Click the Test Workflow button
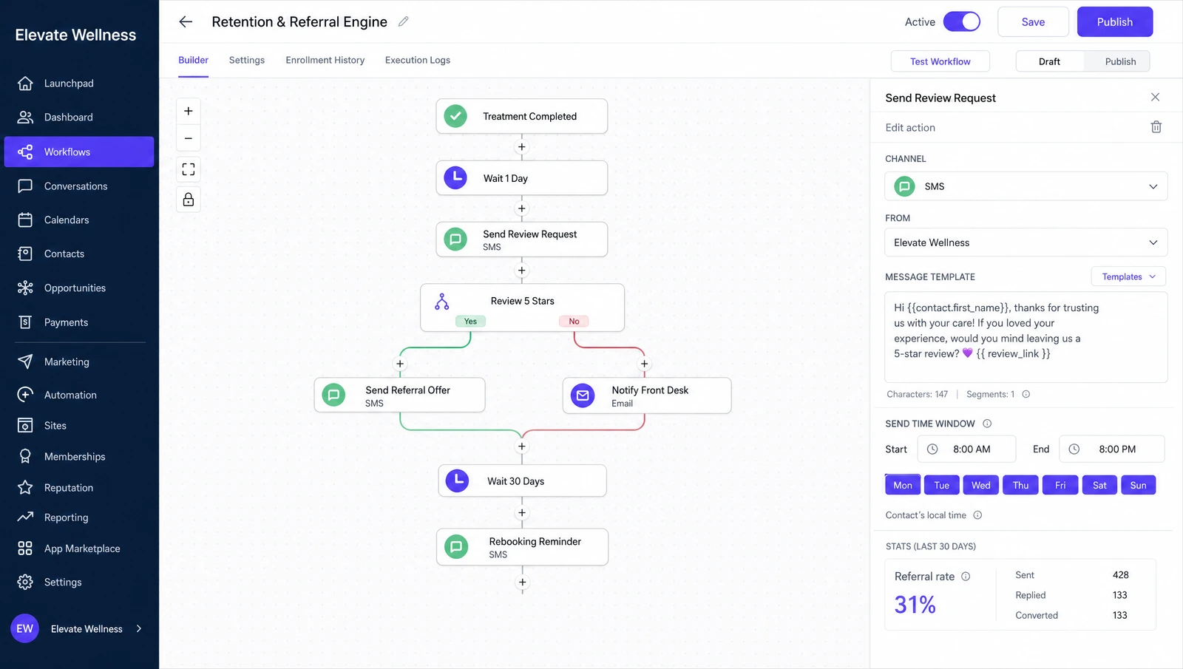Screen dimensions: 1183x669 tap(940, 61)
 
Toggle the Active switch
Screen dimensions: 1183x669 tap(962, 21)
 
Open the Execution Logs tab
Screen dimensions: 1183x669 tap(417, 60)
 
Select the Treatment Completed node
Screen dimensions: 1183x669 tap(522, 116)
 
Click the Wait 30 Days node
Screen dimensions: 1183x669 tap(522, 480)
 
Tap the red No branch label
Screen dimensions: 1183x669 tap(574, 321)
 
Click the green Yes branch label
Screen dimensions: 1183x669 tap(470, 321)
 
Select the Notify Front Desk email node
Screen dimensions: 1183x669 tap(647, 395)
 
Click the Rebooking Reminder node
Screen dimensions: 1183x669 tap(522, 547)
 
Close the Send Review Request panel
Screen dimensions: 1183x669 tap(1155, 97)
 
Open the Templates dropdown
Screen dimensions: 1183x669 tap(1128, 276)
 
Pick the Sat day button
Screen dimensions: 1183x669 tap(1099, 485)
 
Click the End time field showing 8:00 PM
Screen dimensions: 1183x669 tap(1112, 449)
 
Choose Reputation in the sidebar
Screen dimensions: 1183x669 tap(69, 487)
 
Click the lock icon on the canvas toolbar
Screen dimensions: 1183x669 tap(188, 200)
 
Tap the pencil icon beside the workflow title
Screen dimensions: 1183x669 tap(404, 21)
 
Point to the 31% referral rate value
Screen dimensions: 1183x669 tap(915, 605)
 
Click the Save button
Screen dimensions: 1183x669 tap(1033, 21)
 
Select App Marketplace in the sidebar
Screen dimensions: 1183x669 tap(82, 549)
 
